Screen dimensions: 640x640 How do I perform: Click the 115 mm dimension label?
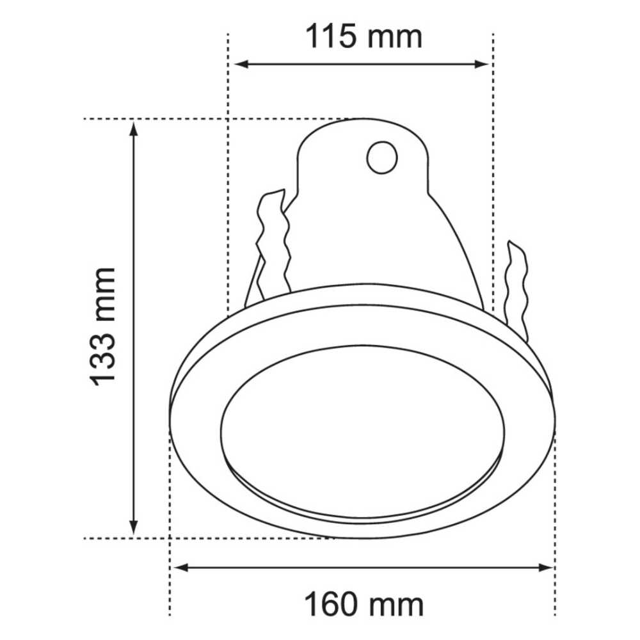pyautogui.click(x=363, y=36)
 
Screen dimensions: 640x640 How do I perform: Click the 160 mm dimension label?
pyautogui.click(x=363, y=604)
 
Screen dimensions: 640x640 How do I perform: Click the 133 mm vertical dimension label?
pyautogui.click(x=104, y=326)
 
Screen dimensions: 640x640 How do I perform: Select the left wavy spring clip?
pyautogui.click(x=271, y=246)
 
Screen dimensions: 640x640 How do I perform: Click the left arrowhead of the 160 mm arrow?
pyautogui.click(x=181, y=567)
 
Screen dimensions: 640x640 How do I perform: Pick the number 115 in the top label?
pyautogui.click(x=330, y=36)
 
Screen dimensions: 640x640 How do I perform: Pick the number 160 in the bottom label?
pyautogui.click(x=330, y=604)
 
